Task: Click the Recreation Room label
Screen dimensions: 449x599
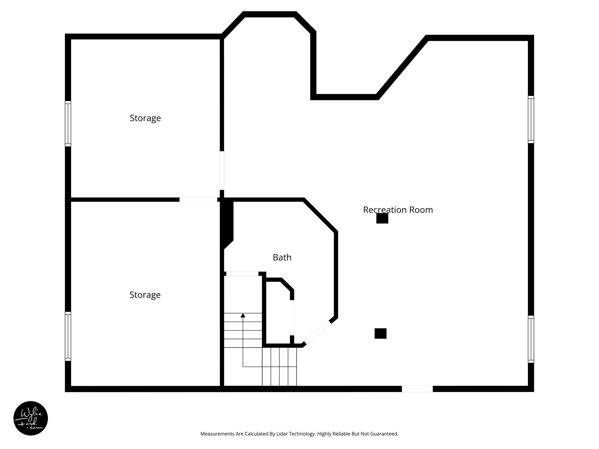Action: coord(398,210)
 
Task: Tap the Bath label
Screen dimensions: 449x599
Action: coord(282,258)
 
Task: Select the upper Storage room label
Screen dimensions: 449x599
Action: coord(145,118)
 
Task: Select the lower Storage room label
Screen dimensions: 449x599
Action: coord(145,295)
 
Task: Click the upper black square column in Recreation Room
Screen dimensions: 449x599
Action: coord(382,218)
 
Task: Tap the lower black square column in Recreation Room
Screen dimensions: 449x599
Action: coord(381,334)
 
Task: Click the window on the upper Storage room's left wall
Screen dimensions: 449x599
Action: coord(68,124)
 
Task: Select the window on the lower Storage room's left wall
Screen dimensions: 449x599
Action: coord(68,336)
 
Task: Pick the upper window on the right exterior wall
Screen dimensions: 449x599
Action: coord(531,120)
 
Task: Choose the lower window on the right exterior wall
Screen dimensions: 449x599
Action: coord(531,339)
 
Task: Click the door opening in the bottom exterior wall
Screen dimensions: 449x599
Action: coord(417,389)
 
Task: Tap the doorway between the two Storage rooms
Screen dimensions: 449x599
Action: coord(198,200)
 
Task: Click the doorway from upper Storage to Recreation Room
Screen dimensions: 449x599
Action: coord(222,170)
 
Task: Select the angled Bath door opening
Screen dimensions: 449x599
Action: coord(317,333)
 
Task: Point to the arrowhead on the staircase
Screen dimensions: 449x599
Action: coord(243,315)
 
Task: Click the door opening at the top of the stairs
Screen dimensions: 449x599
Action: coord(242,274)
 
